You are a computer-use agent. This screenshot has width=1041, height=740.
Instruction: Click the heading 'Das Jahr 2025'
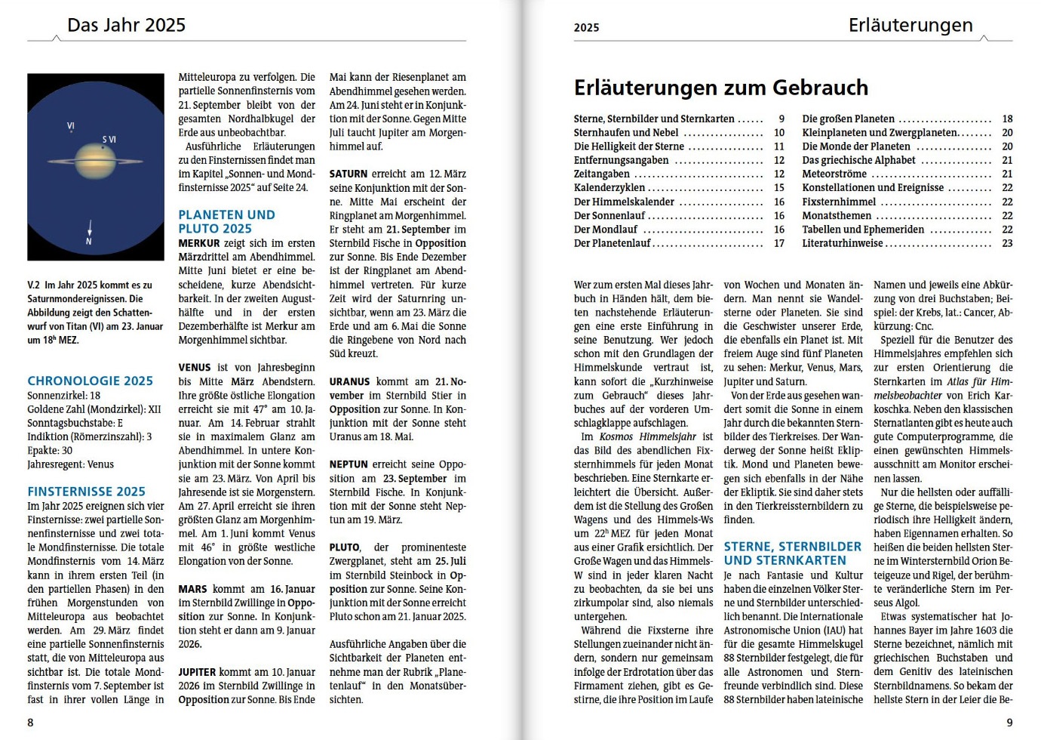pyautogui.click(x=126, y=25)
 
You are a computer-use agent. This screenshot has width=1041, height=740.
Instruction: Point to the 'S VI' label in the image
pyautogui.click(x=109, y=140)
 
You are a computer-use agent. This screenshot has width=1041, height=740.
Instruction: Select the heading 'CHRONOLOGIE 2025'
pyautogui.click(x=90, y=381)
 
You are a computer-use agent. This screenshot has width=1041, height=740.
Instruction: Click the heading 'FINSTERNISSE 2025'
pyautogui.click(x=86, y=492)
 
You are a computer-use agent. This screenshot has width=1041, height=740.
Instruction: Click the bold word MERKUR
pyautogui.click(x=199, y=243)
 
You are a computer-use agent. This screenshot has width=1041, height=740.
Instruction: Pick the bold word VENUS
pyautogui.click(x=194, y=368)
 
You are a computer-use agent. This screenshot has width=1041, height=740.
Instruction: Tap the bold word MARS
pyautogui.click(x=192, y=589)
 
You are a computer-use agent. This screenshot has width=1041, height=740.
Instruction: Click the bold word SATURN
pyautogui.click(x=349, y=174)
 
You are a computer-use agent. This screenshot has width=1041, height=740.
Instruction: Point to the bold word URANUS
pyautogui.click(x=349, y=381)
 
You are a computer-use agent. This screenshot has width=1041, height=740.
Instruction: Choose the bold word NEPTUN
pyautogui.click(x=349, y=464)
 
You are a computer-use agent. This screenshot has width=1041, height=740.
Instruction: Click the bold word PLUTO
pyautogui.click(x=344, y=547)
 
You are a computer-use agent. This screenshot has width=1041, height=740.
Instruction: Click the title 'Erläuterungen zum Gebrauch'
pyautogui.click(x=720, y=88)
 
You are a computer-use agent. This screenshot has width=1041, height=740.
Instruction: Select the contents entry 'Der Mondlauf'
pyautogui.click(x=605, y=230)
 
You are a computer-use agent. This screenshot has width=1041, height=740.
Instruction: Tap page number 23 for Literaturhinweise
pyautogui.click(x=1007, y=243)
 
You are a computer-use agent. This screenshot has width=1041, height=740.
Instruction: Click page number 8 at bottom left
pyautogui.click(x=30, y=723)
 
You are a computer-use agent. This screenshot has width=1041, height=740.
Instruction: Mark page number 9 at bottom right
pyautogui.click(x=1009, y=723)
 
